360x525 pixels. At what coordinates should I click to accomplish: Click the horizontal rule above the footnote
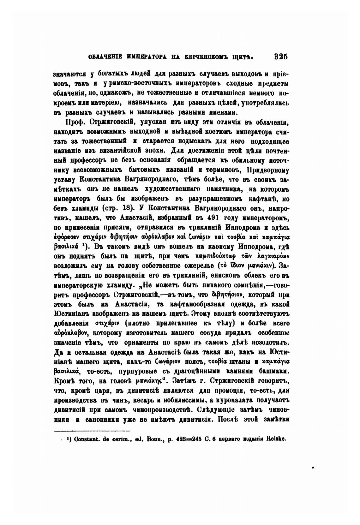point(92,430)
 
